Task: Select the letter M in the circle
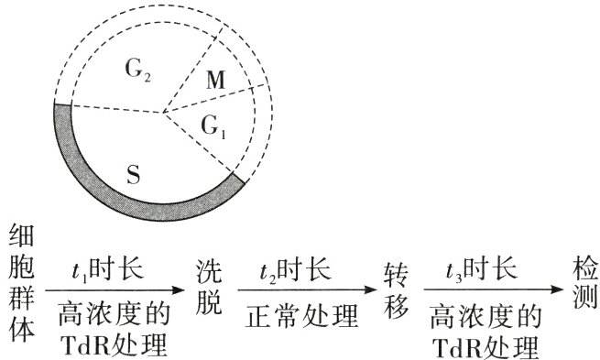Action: click(216, 82)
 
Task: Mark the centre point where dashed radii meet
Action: click(164, 114)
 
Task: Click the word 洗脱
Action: click(209, 286)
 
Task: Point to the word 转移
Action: click(396, 286)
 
